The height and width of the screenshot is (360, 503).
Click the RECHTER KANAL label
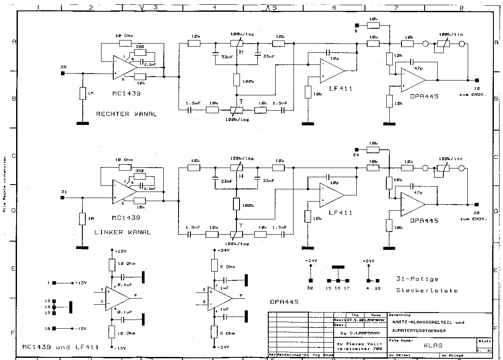[x=126, y=114]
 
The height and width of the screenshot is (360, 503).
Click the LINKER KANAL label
[x=122, y=232]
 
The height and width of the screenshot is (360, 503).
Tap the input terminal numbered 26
[x=63, y=73]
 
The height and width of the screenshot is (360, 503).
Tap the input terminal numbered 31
[x=63, y=198]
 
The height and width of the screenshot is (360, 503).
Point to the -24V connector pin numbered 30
[x=310, y=280]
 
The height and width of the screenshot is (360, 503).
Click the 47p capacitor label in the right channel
[x=418, y=68]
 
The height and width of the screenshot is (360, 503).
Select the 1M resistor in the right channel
[x=82, y=93]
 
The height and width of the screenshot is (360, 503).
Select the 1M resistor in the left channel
[x=82, y=218]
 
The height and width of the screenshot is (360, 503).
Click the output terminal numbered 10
[x=477, y=81]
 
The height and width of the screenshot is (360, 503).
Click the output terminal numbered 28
[x=477, y=204]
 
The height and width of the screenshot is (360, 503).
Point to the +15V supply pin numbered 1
[x=54, y=283]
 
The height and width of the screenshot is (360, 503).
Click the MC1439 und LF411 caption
[x=61, y=347]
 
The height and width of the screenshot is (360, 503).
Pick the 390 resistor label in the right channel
[x=139, y=46]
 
